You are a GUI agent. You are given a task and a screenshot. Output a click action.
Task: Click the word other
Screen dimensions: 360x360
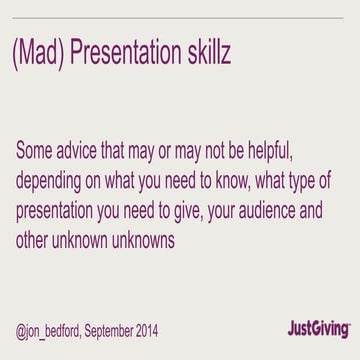click(36, 240)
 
